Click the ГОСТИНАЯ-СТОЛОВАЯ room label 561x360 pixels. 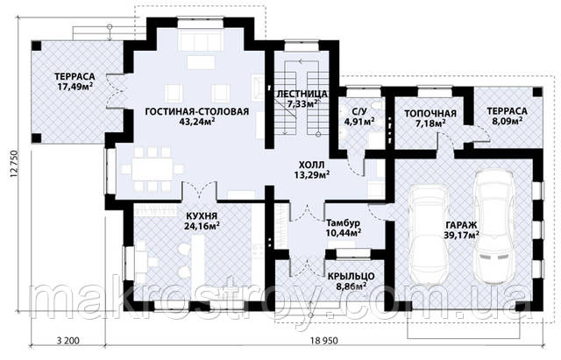coord(196,111)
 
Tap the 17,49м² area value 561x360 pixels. coord(75,86)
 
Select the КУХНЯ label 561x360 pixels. coord(202,216)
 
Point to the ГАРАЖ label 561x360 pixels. coord(462,225)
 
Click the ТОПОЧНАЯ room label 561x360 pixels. coord(430,114)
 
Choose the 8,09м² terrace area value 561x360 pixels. coord(507,121)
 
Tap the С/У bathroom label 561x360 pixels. coord(359,111)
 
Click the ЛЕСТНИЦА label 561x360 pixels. coord(302,94)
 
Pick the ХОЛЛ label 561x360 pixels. coord(312,166)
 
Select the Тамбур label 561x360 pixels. coord(343,223)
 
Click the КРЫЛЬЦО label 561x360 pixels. coord(351,276)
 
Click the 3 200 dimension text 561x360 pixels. coord(68,341)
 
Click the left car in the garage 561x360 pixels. coord(429,234)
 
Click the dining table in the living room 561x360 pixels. coord(152,169)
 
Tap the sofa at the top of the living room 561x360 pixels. coord(201,41)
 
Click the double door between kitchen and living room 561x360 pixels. coord(201,190)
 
